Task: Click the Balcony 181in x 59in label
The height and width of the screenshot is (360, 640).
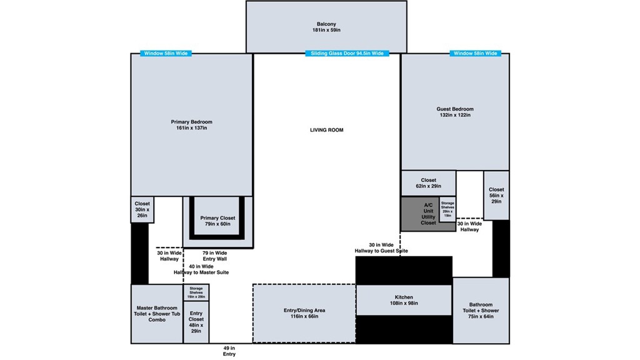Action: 326,27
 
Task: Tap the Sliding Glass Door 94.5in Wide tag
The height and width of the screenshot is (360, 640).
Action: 347,54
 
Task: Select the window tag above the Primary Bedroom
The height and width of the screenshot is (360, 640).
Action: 166,54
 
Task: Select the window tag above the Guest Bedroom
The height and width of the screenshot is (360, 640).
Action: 476,54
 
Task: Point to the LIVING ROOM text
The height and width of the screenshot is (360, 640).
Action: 326,130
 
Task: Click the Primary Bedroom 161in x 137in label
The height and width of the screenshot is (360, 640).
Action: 191,125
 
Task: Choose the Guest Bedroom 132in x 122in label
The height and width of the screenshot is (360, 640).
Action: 454,112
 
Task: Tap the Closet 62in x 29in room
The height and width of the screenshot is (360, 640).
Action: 429,183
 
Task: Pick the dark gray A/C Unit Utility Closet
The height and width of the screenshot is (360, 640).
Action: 421,214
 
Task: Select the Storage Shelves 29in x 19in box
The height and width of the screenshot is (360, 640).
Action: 447,209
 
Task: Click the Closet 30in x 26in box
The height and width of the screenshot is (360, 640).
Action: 142,209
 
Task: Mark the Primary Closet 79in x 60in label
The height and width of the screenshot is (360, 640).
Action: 217,221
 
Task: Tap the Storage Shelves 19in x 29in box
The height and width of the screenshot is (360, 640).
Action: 196,292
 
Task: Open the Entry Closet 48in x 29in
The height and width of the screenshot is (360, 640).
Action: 196,322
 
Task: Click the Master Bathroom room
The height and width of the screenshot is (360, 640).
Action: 156,314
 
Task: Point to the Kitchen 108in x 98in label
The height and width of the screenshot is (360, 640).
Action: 404,300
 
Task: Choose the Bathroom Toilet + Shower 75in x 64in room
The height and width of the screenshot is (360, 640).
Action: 481,311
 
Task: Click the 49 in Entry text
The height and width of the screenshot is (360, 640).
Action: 229,351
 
